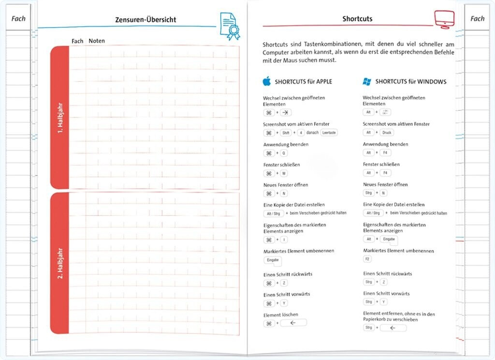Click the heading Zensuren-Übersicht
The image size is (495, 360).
(146, 20)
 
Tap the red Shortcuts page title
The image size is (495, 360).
(357, 19)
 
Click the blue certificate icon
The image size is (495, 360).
(230, 26)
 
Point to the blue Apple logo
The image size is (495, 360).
(266, 81)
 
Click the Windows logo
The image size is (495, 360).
(367, 81)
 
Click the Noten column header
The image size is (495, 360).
(97, 41)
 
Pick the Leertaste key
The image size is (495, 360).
(329, 133)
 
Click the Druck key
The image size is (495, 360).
(387, 132)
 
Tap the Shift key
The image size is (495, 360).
(286, 133)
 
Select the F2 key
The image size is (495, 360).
(367, 259)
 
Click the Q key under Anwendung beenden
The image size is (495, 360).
(284, 153)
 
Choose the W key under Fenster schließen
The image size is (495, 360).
(284, 173)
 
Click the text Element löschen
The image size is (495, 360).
(281, 315)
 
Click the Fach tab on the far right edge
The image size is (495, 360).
(477, 19)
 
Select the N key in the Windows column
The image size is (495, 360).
(383, 193)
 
